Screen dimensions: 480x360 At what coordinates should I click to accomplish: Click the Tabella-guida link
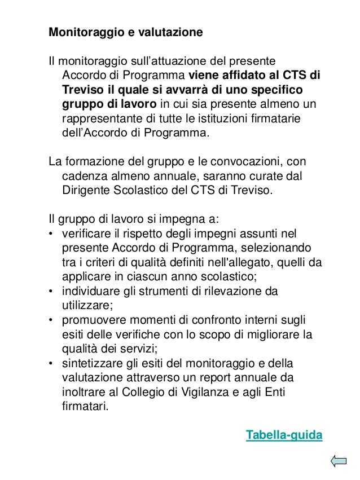(x=284, y=435)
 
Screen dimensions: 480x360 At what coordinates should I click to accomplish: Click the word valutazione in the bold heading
(x=170, y=32)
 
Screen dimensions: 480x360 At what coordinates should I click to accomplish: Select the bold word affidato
(x=241, y=76)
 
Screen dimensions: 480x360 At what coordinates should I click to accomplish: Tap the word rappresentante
(x=102, y=120)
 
